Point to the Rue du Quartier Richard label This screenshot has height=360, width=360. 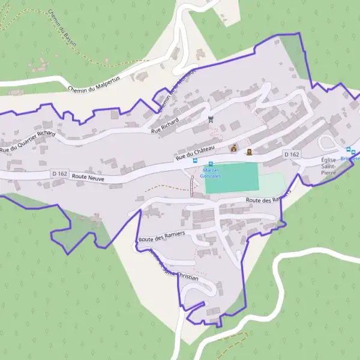pos(28,142)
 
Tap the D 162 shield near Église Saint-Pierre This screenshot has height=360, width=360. pos(292,154)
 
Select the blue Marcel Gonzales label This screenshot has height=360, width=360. pos(211,173)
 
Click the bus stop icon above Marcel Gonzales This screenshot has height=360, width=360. pos(211,164)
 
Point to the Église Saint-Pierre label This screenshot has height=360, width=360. pos(329,166)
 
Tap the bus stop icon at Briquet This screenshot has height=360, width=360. pos(347,149)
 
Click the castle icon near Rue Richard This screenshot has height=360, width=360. pos(210,119)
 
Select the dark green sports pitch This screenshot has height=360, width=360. pos(232,178)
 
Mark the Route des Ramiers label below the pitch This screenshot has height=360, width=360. pos(268,199)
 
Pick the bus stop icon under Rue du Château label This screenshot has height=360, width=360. pos(194,160)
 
